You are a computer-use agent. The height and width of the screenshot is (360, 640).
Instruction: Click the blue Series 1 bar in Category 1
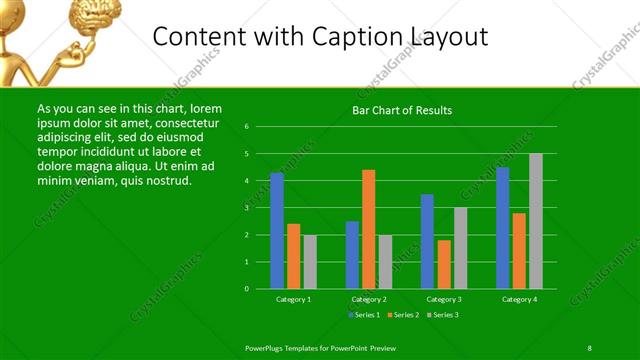pyautogui.click(x=277, y=231)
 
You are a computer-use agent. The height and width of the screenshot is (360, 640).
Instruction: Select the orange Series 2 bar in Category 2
pyautogui.click(x=369, y=229)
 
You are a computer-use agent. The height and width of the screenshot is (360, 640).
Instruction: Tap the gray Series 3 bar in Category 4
pyautogui.click(x=536, y=221)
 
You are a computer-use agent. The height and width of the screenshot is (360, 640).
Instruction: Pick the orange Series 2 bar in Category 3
pyautogui.click(x=444, y=264)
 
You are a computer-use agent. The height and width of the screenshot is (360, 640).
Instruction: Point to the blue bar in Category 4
pyautogui.click(x=503, y=228)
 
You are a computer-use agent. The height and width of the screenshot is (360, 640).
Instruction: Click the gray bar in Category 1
pyautogui.click(x=310, y=262)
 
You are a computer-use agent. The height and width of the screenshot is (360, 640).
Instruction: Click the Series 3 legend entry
pyautogui.click(x=442, y=315)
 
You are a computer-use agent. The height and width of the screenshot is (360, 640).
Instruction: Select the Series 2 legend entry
pyautogui.click(x=404, y=315)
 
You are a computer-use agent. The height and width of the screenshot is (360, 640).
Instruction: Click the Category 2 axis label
pyautogui.click(x=368, y=299)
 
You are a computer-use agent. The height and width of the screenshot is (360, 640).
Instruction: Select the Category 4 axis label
pyautogui.click(x=519, y=299)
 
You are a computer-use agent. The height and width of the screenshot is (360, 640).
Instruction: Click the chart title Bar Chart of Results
pyautogui.click(x=403, y=110)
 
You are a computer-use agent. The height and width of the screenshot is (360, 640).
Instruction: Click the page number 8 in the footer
pyautogui.click(x=590, y=347)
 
